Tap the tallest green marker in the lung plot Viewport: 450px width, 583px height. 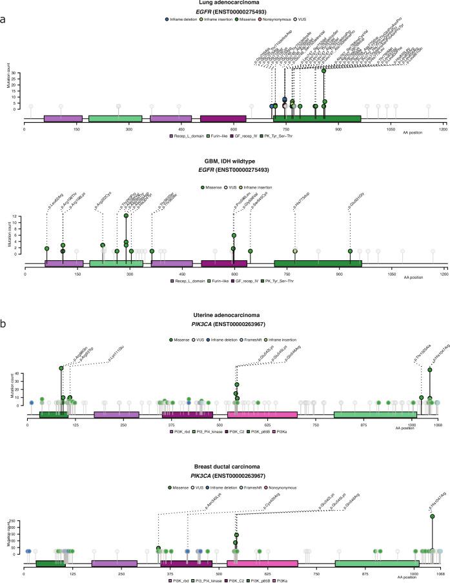click(323, 71)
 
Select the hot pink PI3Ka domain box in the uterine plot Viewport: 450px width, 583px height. click(262, 414)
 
